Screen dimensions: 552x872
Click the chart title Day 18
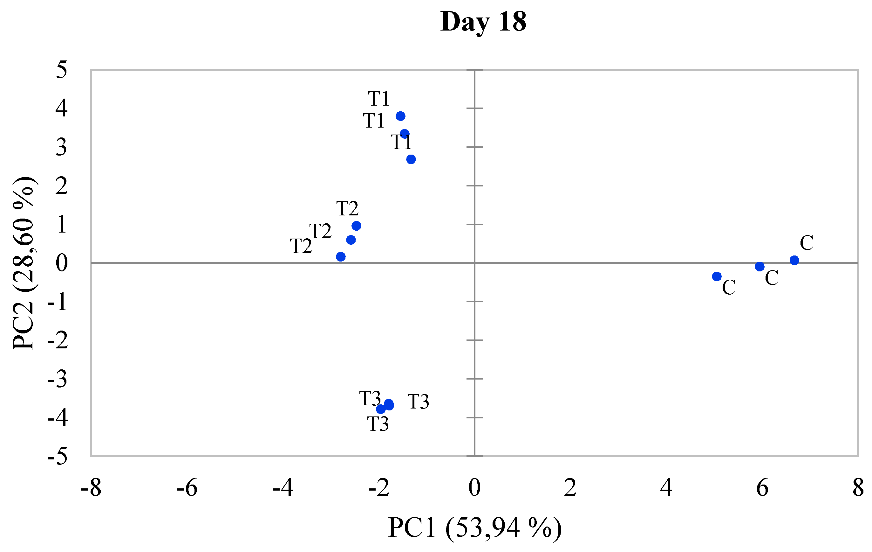click(483, 22)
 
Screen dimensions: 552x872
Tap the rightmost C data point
click(794, 260)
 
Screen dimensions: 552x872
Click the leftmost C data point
click(717, 276)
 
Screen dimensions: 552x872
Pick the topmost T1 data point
click(400, 116)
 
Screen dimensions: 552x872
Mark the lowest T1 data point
click(411, 159)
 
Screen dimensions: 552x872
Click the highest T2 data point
click(356, 226)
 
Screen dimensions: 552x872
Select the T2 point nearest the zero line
click(341, 257)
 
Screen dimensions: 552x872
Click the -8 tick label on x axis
click(91, 487)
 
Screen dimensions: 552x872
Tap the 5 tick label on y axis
click(62, 70)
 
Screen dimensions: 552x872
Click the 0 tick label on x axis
click(474, 487)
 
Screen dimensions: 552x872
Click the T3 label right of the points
click(418, 402)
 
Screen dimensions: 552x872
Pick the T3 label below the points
click(378, 424)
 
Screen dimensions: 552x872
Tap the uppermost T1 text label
click(379, 99)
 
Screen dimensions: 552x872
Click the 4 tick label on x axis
click(666, 487)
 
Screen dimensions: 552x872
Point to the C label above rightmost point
click(807, 243)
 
